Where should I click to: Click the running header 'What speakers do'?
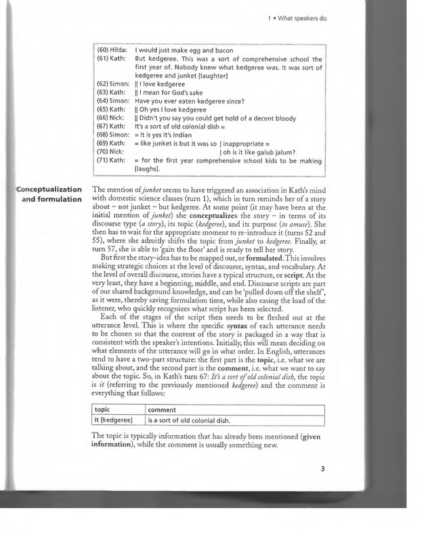pyautogui.click(x=301, y=18)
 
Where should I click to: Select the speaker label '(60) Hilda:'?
pyautogui.click(x=112, y=51)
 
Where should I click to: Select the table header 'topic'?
pyautogui.click(x=102, y=409)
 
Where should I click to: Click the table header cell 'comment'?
pyautogui.click(x=162, y=409)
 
